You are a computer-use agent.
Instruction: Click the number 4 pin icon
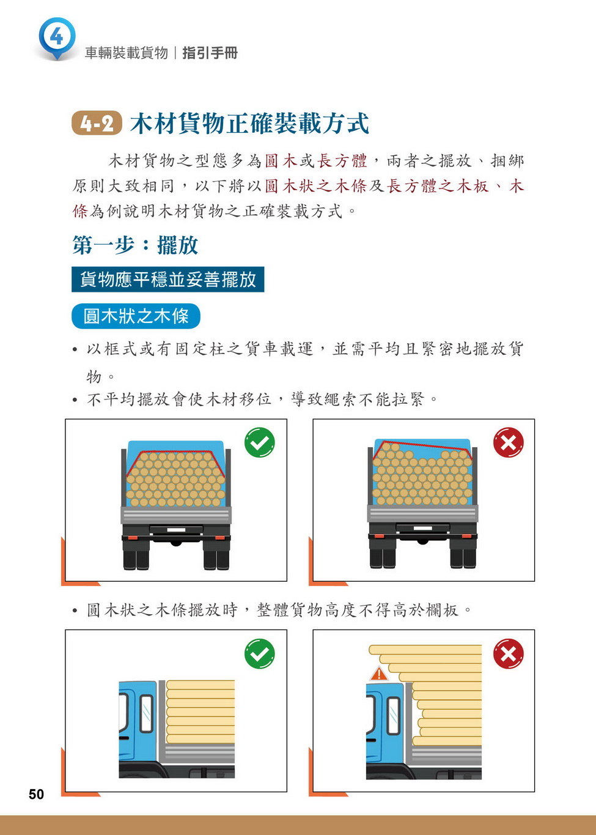pyautogui.click(x=57, y=38)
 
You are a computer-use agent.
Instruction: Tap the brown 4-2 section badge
pyautogui.click(x=97, y=123)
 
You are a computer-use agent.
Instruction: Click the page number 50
pyautogui.click(x=36, y=794)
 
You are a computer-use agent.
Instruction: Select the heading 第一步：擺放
pyautogui.click(x=135, y=245)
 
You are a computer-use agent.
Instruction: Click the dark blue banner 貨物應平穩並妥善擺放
pyautogui.click(x=167, y=279)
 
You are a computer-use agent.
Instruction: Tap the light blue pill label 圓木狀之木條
pyautogui.click(x=136, y=316)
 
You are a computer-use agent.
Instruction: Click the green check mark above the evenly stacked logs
pyautogui.click(x=260, y=442)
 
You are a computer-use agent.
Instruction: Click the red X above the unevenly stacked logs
pyautogui.click(x=508, y=442)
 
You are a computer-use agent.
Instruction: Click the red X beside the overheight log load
pyautogui.click(x=508, y=653)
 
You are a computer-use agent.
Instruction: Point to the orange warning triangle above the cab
pyautogui.click(x=379, y=674)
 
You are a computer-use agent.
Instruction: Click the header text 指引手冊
pyautogui.click(x=210, y=53)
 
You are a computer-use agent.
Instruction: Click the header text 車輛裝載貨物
pyautogui.click(x=127, y=53)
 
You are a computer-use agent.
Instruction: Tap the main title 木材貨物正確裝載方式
pyautogui.click(x=249, y=123)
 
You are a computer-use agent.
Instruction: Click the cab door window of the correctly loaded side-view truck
pyautogui.click(x=146, y=713)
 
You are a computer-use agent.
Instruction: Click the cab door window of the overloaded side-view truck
pyautogui.click(x=394, y=716)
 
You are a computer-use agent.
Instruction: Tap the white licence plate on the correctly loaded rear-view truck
pyautogui.click(x=176, y=530)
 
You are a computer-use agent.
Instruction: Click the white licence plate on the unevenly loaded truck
pyautogui.click(x=423, y=528)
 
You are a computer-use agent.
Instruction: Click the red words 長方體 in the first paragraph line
pyautogui.click(x=342, y=161)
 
